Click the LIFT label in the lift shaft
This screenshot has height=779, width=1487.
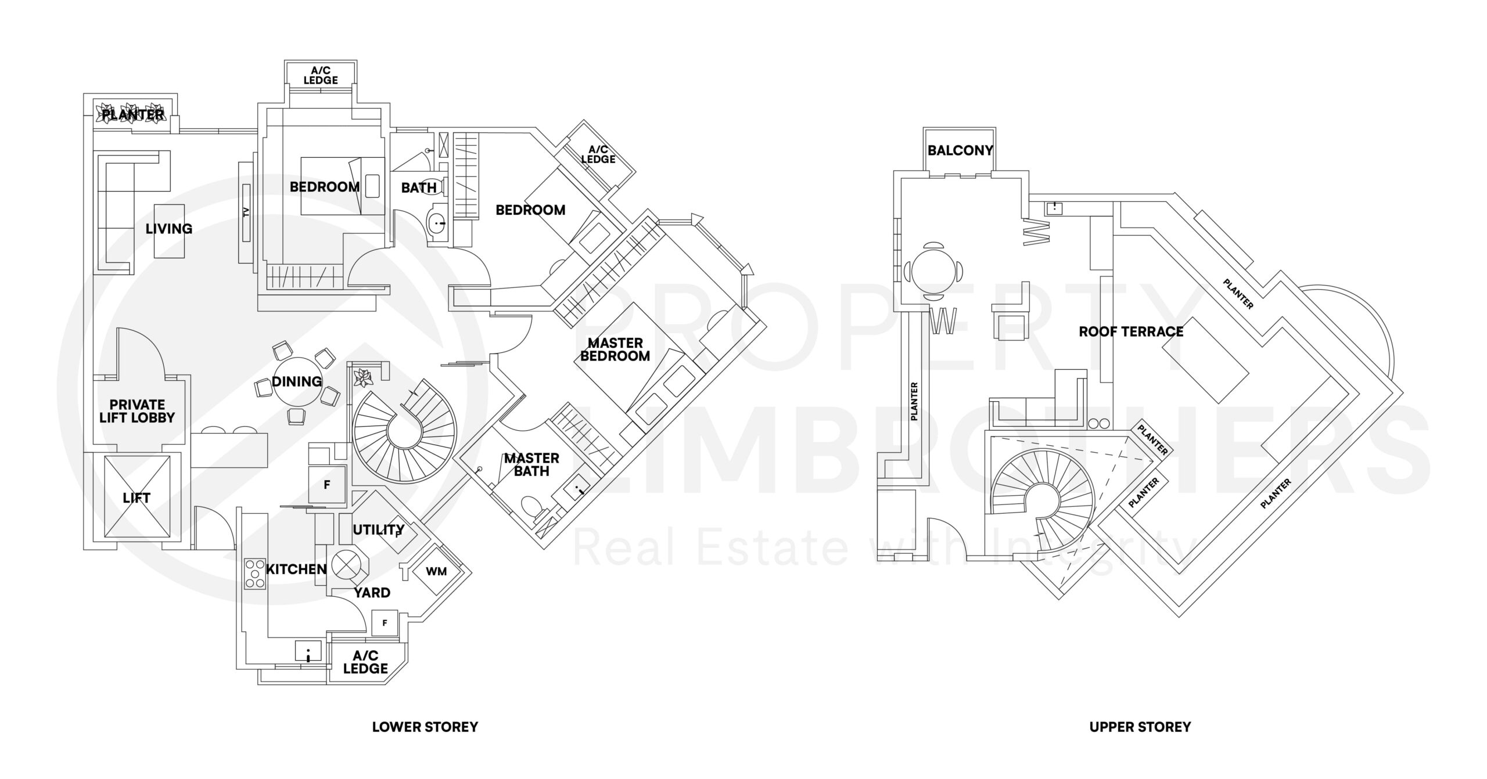tap(137, 498)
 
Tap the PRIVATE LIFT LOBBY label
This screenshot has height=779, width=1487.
tap(137, 411)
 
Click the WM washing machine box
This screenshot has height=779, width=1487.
tap(436, 572)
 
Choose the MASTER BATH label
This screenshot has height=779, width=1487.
tap(531, 464)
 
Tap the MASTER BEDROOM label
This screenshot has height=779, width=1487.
tap(615, 349)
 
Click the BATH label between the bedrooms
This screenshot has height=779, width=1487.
tap(419, 187)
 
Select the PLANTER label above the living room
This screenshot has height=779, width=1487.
tap(133, 115)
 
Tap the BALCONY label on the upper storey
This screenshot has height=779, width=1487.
tap(960, 150)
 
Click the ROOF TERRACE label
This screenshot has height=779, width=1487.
tap(1131, 331)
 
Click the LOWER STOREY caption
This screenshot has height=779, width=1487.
tap(425, 727)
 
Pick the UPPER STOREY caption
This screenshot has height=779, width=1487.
tap(1140, 727)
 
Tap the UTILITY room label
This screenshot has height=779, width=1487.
tap(378, 529)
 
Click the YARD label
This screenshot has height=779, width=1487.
tap(372, 593)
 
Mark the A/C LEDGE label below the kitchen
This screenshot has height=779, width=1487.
tap(365, 662)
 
